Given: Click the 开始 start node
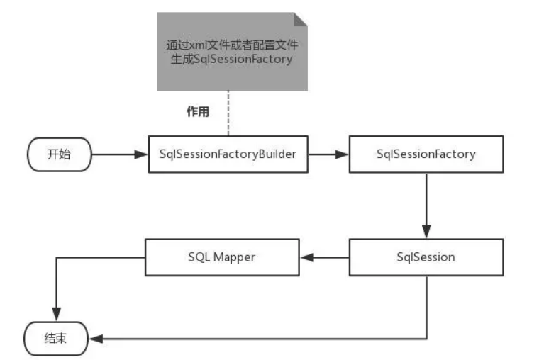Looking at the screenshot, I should tap(59, 154).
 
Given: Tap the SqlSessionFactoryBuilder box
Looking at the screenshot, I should tap(228, 154).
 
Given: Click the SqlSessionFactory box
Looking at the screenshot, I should tap(426, 154).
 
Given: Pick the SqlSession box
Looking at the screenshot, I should tap(426, 257).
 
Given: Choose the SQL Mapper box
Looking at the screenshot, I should tap(221, 257).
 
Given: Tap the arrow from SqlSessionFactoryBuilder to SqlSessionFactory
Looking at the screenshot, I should tap(328, 154).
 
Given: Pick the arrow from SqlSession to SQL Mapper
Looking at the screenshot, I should tap(323, 257).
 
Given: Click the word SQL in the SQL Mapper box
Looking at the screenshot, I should tap(199, 257).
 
